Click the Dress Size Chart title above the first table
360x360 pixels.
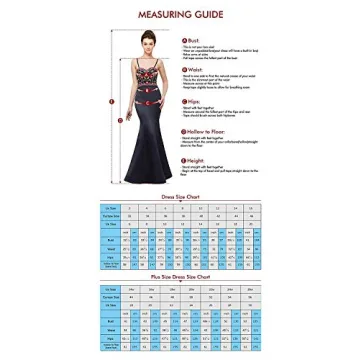[x=180, y=197]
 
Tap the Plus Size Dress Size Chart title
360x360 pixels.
[x=180, y=276]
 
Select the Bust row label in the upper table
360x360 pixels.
[x=111, y=241]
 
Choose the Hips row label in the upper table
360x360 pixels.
[x=111, y=258]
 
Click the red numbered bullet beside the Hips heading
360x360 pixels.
[x=184, y=100]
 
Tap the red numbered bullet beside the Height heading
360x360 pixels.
[x=184, y=160]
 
